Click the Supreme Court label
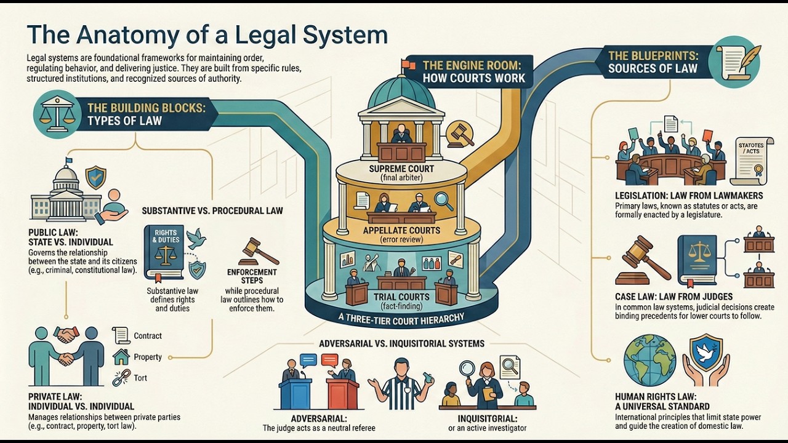(401, 169)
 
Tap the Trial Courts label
(401, 297)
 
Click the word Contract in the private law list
(148, 336)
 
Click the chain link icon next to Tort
(121, 378)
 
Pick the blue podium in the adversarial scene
(295, 393)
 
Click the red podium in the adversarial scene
(344, 393)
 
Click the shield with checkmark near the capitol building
(95, 177)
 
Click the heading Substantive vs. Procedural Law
(212, 210)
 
